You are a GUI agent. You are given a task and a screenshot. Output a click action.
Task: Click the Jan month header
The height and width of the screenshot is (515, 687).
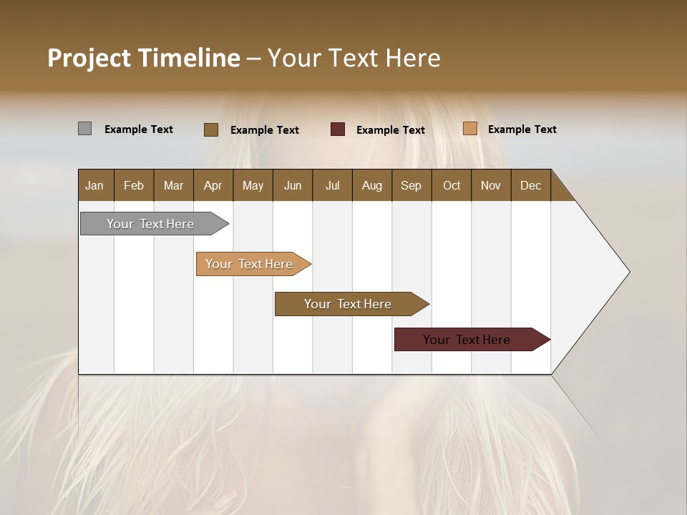pyautogui.click(x=95, y=185)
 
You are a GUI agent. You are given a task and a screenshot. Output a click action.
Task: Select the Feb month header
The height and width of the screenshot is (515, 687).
pyautogui.click(x=134, y=185)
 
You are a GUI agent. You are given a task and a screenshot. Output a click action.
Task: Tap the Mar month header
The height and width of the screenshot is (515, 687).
pyautogui.click(x=173, y=185)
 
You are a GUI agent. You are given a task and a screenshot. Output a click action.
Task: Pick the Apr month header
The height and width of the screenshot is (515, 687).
pyautogui.click(x=213, y=185)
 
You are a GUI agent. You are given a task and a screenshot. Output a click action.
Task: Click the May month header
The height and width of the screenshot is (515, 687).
pyautogui.click(x=253, y=185)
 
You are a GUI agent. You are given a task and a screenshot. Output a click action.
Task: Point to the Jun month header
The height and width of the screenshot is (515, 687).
pyautogui.click(x=293, y=185)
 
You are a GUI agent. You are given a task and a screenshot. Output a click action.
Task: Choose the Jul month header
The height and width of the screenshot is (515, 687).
pyautogui.click(x=332, y=185)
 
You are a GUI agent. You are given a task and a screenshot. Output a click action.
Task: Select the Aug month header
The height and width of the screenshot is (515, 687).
pyautogui.click(x=372, y=185)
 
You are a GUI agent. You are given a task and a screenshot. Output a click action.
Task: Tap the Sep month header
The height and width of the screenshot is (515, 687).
pyautogui.click(x=411, y=185)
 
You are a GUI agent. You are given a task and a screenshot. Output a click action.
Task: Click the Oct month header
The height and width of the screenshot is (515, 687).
pyautogui.click(x=452, y=185)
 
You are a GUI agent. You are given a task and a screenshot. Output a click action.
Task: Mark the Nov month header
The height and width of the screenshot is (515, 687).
pyautogui.click(x=491, y=185)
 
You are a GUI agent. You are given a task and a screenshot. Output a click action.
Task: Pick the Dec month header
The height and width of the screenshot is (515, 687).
pyautogui.click(x=531, y=185)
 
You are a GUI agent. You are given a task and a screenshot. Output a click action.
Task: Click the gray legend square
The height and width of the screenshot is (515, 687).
pyautogui.click(x=84, y=129)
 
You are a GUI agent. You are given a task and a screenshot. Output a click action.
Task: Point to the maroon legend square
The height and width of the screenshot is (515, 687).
pyautogui.click(x=338, y=129)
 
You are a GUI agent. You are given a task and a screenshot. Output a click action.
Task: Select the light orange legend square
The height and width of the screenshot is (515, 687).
pyautogui.click(x=469, y=129)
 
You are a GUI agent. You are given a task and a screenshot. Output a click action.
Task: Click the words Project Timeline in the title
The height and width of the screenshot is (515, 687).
pyautogui.click(x=144, y=58)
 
